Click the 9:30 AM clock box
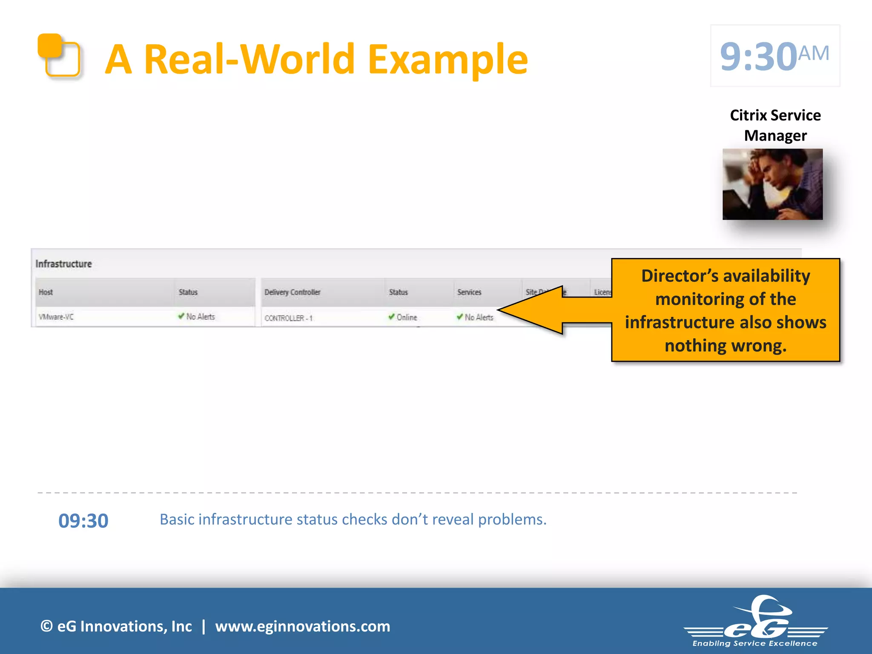pyautogui.click(x=774, y=56)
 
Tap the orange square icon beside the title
pyautogui.click(x=59, y=56)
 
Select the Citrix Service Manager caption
pyautogui.click(x=775, y=125)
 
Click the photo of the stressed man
pyautogui.click(x=772, y=184)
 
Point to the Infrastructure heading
pyautogui.click(x=63, y=264)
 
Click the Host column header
pyautogui.click(x=46, y=292)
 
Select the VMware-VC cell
pyautogui.click(x=56, y=317)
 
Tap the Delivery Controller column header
pyautogui.click(x=292, y=292)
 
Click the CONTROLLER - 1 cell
pyautogui.click(x=288, y=318)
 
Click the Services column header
pyautogui.click(x=469, y=292)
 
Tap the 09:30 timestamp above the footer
pyautogui.click(x=83, y=521)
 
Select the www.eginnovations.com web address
pyautogui.click(x=302, y=626)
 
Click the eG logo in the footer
pyautogui.click(x=755, y=622)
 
